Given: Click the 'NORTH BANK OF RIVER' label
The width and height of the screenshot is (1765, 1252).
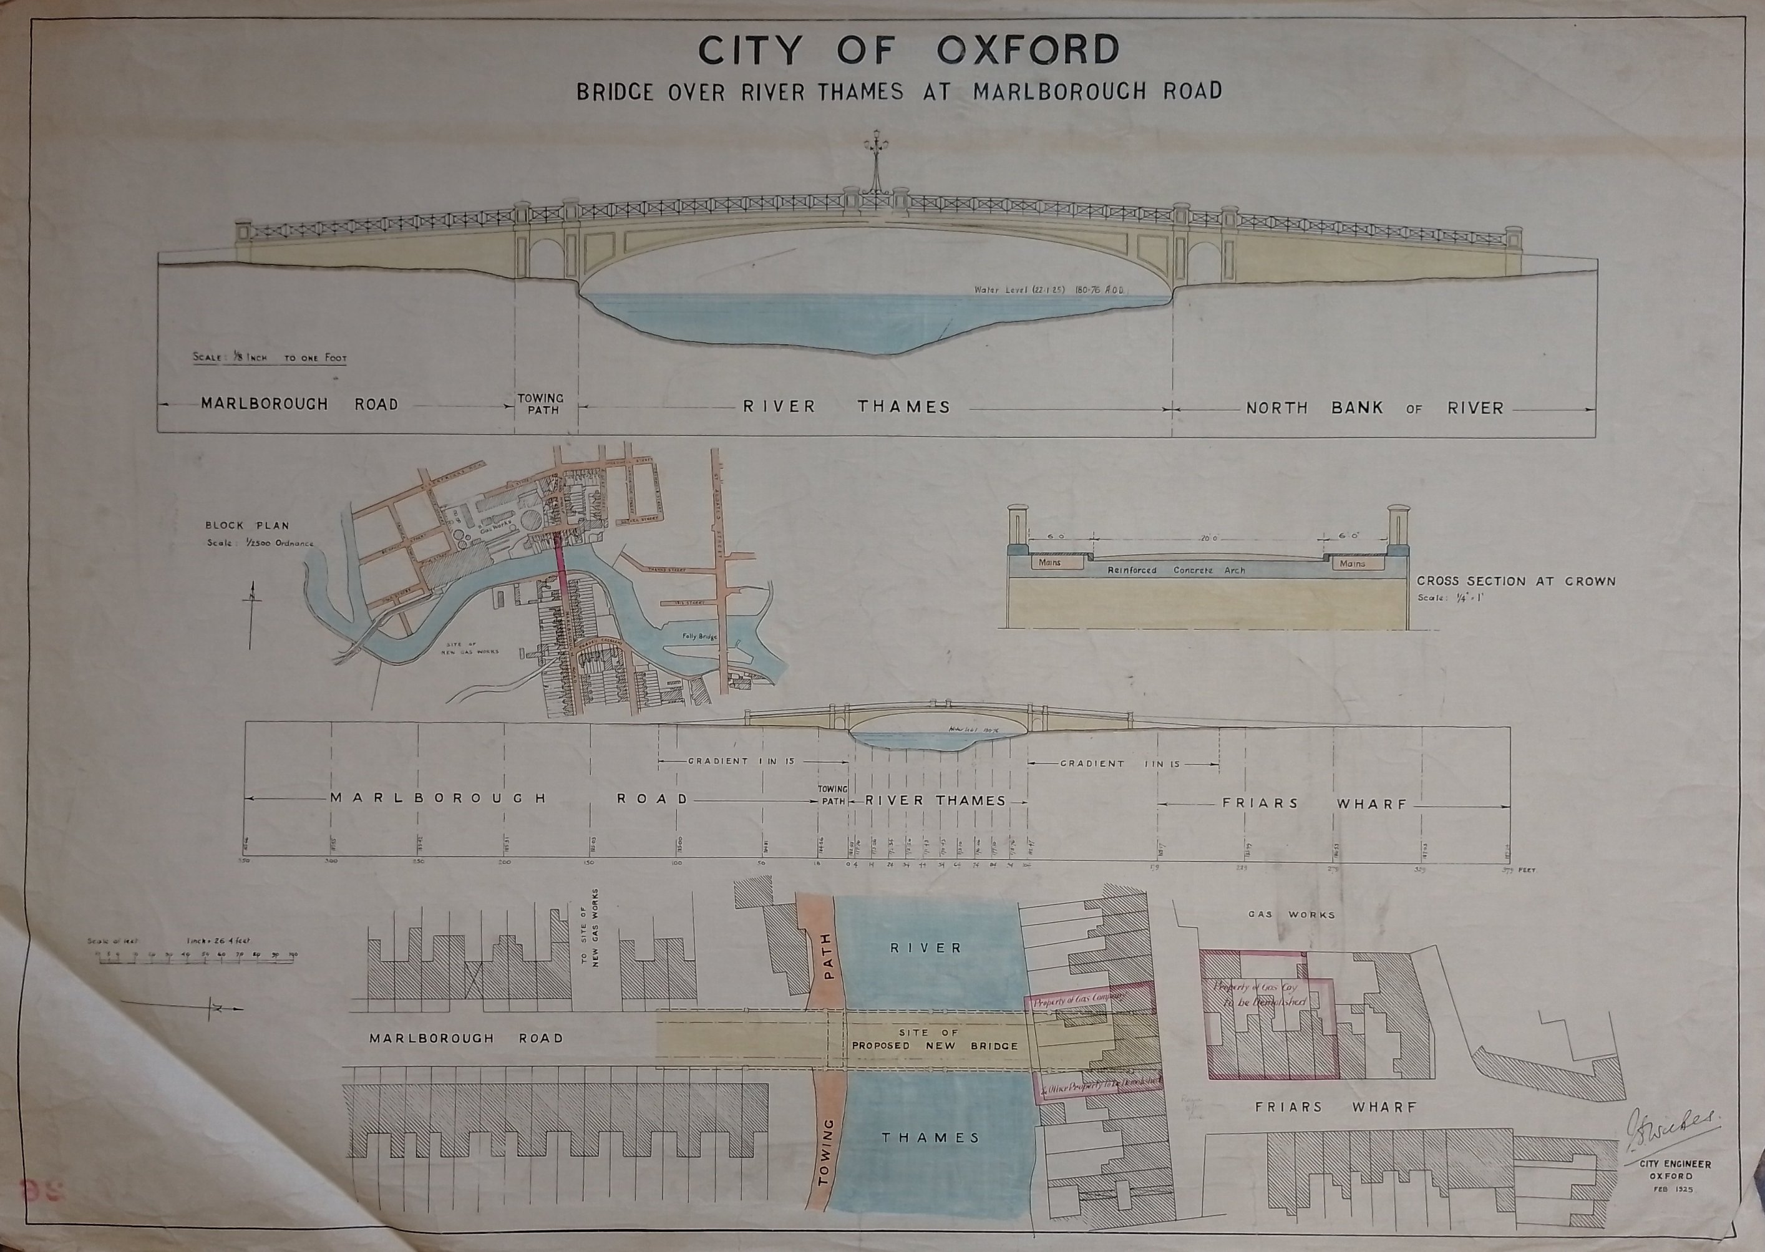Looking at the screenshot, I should [1375, 409].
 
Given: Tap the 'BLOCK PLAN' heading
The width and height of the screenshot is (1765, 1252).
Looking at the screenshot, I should [246, 526].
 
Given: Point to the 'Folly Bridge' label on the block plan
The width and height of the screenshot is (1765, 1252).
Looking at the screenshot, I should [699, 636].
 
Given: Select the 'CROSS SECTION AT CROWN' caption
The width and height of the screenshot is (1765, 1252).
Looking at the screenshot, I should [1516, 581].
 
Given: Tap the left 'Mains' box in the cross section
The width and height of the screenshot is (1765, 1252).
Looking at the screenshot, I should [1049, 563].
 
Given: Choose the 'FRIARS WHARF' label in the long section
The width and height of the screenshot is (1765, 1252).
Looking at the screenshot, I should [1315, 803].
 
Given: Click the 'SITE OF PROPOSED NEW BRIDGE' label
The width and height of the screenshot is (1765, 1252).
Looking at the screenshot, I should [935, 1039].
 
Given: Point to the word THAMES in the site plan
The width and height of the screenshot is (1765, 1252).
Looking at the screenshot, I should [931, 1138].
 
